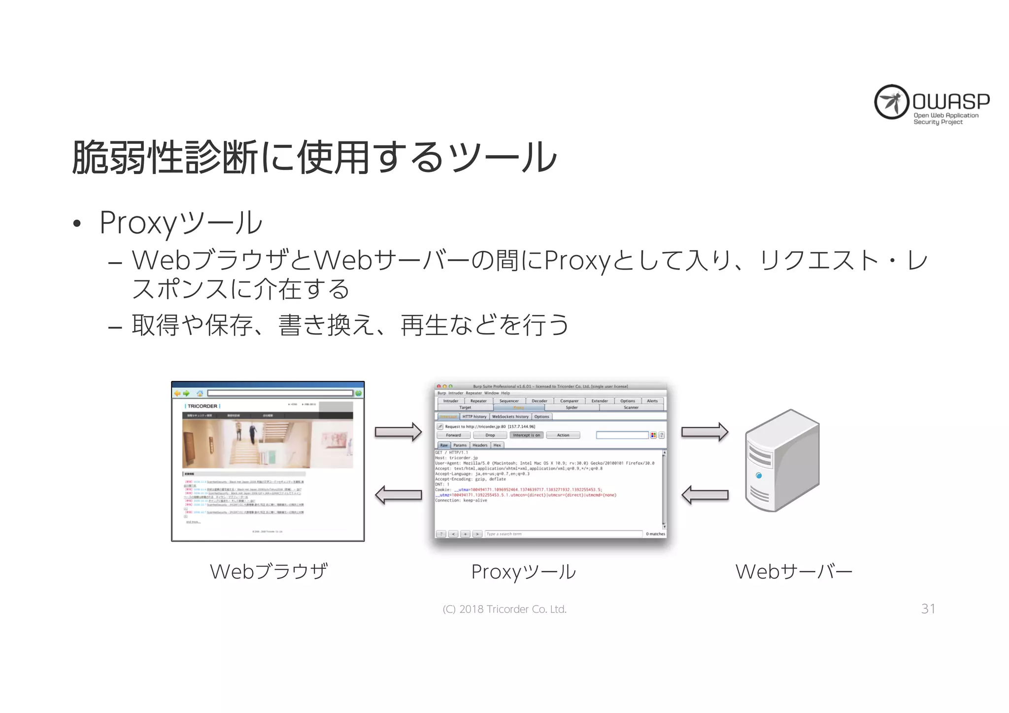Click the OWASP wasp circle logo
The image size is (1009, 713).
coord(891,102)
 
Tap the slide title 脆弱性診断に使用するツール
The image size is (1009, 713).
coord(314,157)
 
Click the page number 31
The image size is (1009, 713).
coord(928,609)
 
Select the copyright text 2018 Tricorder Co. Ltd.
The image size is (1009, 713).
coord(504,610)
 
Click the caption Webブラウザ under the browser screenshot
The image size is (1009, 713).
coord(269,572)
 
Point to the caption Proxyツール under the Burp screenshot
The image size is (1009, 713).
coord(523,572)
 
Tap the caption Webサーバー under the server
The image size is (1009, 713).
coord(794,572)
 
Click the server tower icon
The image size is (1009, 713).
coord(782,460)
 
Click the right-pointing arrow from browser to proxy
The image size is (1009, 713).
coord(398,432)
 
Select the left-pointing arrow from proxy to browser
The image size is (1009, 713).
coord(398,495)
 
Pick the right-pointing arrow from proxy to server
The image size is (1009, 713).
coord(705,432)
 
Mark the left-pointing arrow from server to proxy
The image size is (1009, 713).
coord(705,495)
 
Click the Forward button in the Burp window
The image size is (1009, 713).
coord(453,435)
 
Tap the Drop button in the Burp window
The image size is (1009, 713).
coord(490,435)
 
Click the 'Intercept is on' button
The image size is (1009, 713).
coord(526,435)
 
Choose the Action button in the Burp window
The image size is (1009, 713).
coord(563,435)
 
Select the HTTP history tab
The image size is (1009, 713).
coord(474,416)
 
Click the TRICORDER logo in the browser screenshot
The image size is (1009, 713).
coord(202,406)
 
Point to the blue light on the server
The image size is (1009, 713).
coord(759,475)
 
